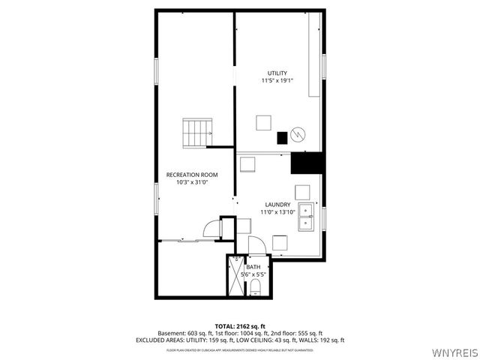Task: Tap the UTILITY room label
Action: click(277, 73)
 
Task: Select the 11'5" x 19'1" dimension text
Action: click(277, 80)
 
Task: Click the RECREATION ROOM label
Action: click(192, 175)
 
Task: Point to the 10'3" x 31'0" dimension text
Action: click(192, 182)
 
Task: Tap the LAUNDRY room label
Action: click(277, 205)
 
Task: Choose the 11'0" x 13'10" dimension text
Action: click(277, 212)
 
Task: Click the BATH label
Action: click(253, 267)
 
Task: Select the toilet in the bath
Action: click(255, 287)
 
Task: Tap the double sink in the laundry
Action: click(306, 216)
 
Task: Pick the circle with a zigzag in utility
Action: click(298, 133)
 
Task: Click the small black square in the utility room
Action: click(282, 137)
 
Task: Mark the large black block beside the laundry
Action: click(306, 163)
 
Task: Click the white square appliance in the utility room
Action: click(263, 122)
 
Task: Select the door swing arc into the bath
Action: click(255, 244)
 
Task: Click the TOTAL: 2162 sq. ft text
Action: click(239, 325)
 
